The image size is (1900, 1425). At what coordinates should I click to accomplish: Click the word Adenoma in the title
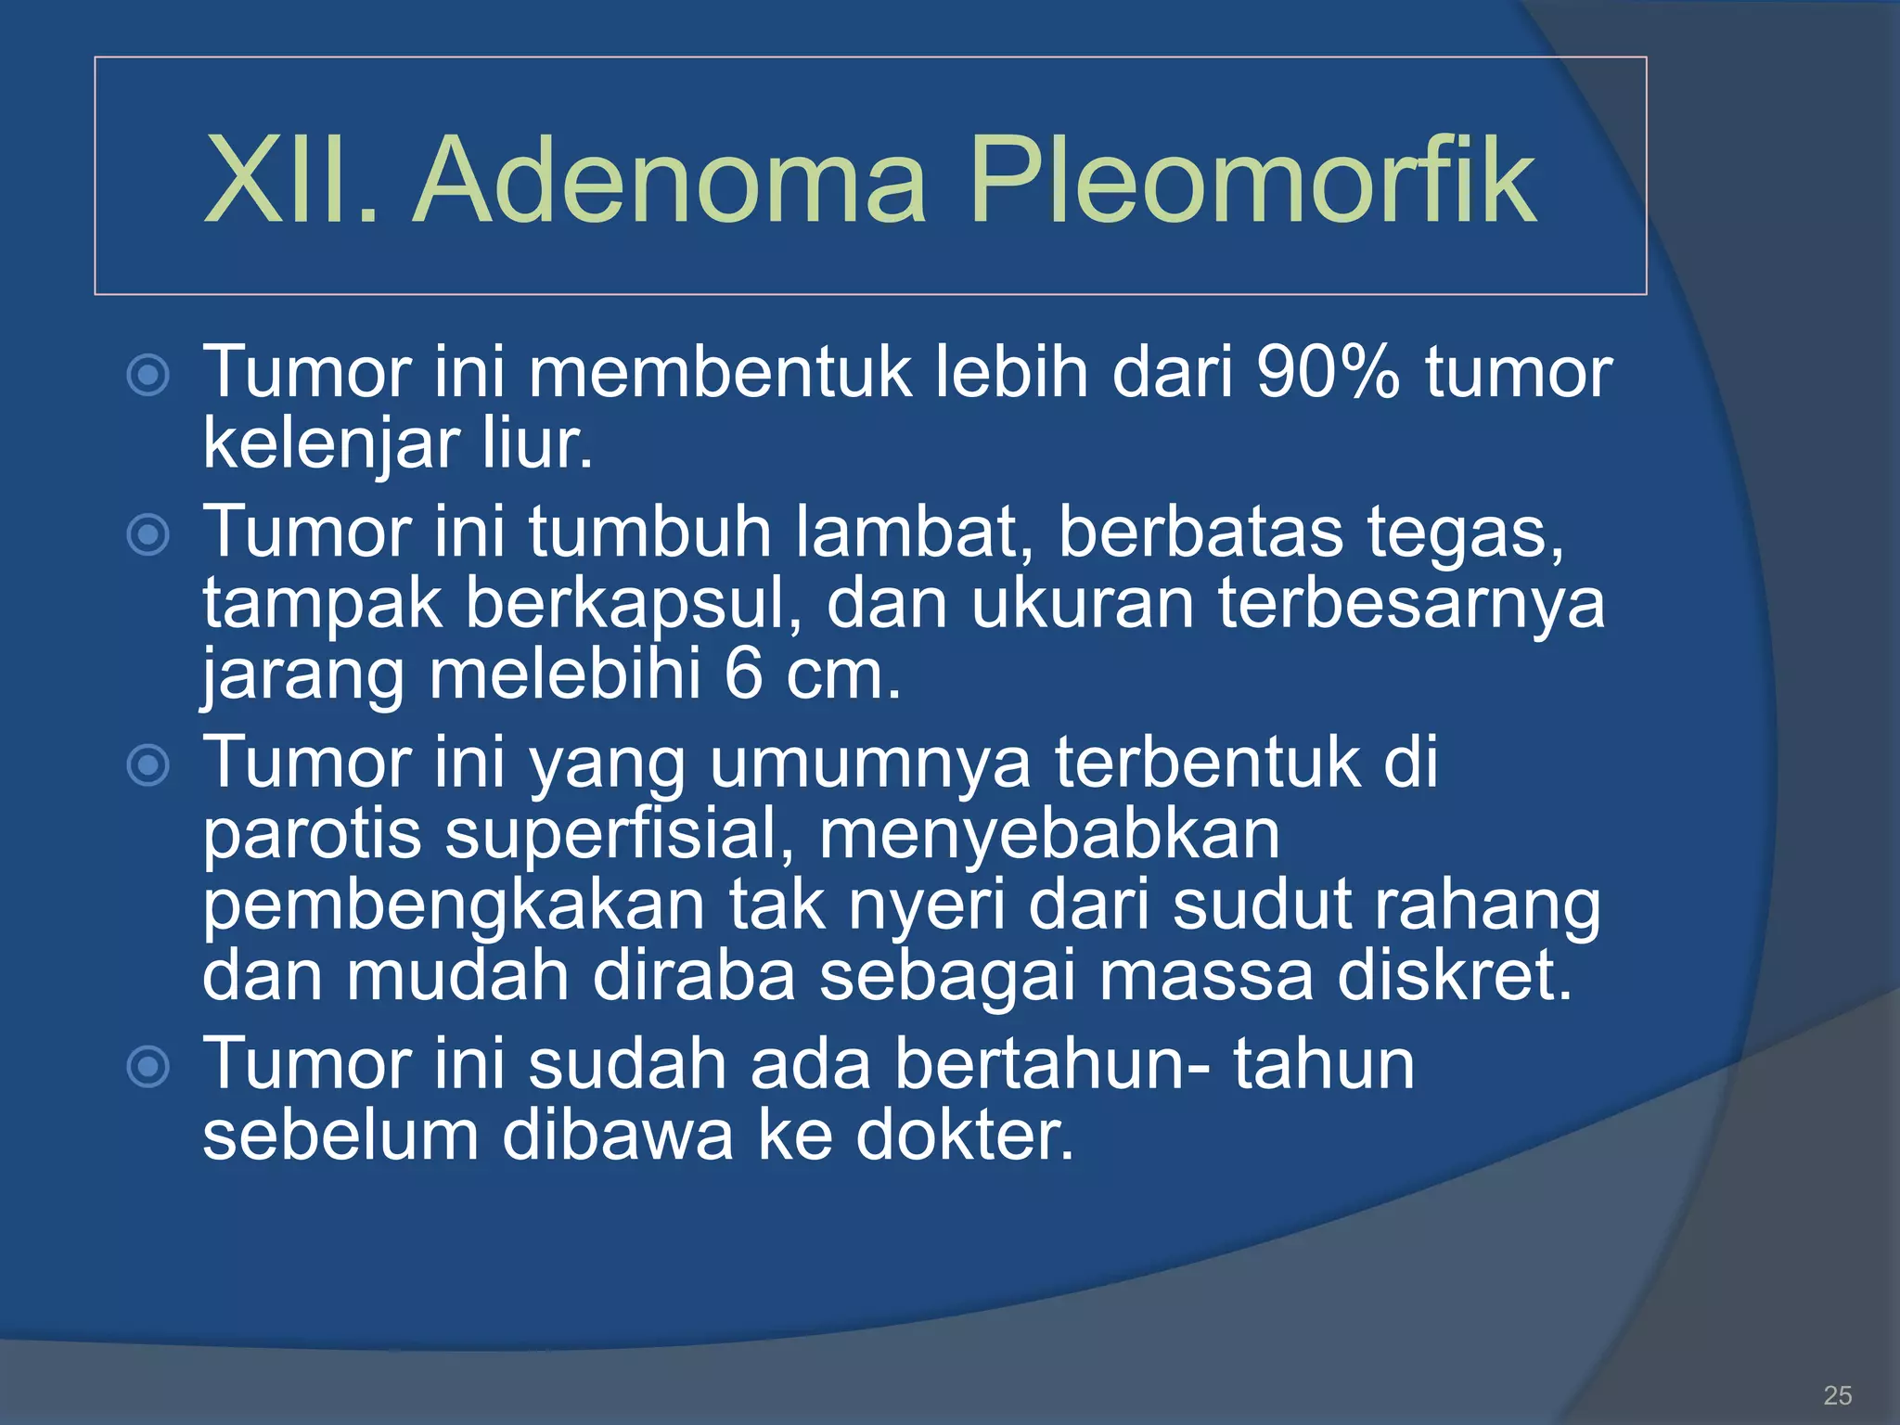point(668,180)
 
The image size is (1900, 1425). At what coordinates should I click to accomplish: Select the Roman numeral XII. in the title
point(291,180)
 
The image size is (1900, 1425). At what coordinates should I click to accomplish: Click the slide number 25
point(1837,1394)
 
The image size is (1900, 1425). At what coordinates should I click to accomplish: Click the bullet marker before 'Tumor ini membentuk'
point(148,376)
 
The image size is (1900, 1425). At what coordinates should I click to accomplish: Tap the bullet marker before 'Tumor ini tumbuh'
point(148,535)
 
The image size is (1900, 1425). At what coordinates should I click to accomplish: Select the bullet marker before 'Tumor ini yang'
point(148,765)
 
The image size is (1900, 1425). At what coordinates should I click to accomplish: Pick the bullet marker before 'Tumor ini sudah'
point(148,1066)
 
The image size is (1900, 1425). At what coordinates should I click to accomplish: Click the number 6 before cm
point(742,674)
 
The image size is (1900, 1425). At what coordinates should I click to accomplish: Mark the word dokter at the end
point(964,1136)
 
